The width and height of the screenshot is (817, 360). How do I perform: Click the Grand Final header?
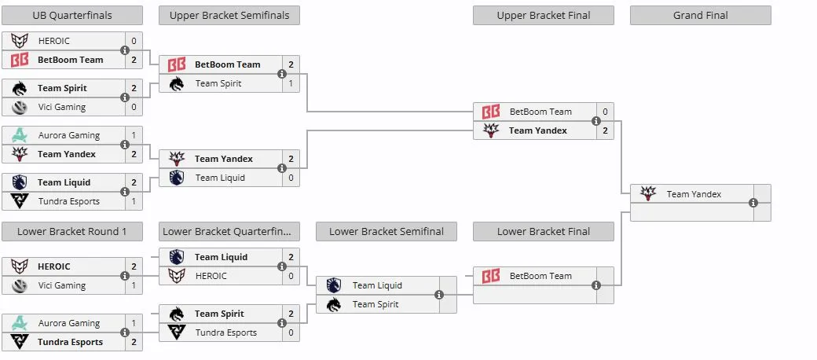[700, 15]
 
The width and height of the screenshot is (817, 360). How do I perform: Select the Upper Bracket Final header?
[544, 15]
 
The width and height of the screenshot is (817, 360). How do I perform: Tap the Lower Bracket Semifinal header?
[386, 231]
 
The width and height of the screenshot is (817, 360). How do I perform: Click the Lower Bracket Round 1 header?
[72, 231]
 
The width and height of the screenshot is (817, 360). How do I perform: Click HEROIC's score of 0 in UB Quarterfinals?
[134, 41]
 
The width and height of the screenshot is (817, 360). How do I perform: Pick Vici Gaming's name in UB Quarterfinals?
[61, 107]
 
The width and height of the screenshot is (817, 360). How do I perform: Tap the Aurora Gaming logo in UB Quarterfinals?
[20, 135]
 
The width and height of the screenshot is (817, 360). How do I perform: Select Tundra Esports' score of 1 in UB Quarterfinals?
[134, 201]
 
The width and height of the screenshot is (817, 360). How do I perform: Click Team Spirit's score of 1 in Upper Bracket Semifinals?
[291, 83]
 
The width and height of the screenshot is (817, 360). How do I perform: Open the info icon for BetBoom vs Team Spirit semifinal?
[282, 74]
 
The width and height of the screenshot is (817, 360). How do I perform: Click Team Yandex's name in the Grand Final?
[694, 194]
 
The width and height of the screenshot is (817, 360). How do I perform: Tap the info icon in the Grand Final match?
[753, 203]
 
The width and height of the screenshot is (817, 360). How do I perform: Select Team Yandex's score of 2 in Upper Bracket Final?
[605, 130]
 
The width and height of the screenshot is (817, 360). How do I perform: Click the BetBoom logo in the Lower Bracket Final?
[490, 276]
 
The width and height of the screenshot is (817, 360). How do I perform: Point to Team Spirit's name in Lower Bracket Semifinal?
[376, 304]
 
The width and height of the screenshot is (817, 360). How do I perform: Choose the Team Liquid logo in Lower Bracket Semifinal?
[333, 285]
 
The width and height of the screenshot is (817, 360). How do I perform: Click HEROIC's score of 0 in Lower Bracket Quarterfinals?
[291, 276]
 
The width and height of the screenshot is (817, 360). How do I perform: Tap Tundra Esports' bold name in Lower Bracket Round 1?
[70, 342]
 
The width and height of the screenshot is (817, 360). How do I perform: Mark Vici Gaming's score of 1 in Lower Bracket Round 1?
[134, 285]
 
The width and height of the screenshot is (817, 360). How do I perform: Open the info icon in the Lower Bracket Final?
[596, 285]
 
